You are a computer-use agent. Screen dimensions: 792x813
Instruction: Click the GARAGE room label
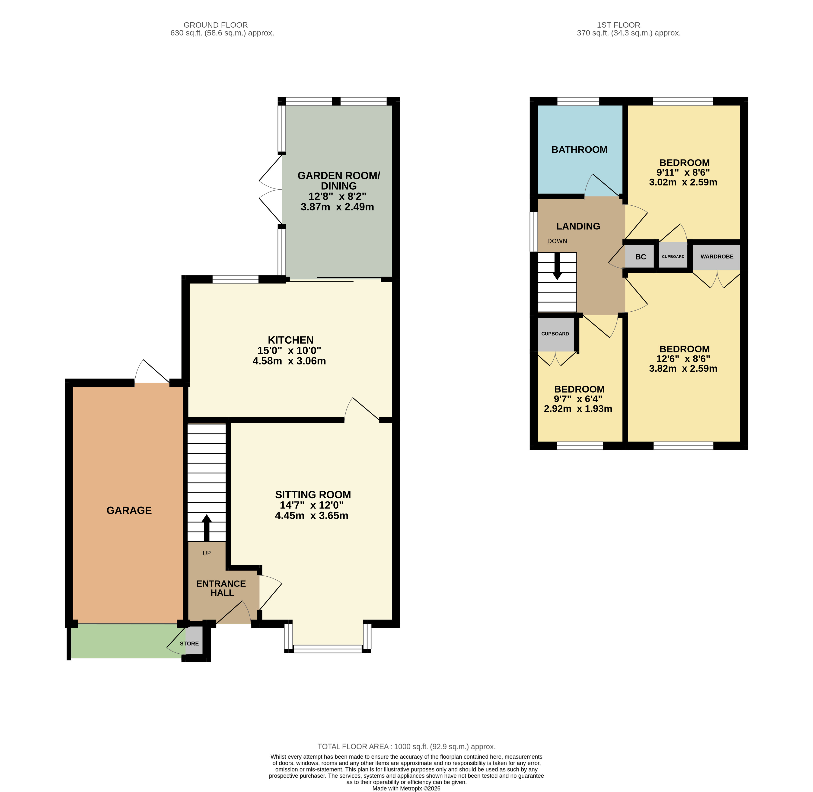[129, 510]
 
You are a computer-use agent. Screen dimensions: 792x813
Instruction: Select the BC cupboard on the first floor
[641, 257]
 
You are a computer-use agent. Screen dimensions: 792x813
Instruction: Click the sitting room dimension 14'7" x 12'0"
[312, 505]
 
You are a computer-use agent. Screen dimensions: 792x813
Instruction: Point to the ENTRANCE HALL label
[221, 588]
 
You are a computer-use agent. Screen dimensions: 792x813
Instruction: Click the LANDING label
[578, 226]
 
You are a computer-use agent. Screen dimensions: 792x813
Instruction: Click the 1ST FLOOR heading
[618, 25]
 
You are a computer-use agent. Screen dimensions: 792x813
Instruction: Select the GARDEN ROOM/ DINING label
[338, 181]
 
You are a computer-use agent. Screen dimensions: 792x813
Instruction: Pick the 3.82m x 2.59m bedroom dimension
[683, 369]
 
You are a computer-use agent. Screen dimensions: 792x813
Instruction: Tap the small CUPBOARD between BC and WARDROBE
[673, 257]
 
